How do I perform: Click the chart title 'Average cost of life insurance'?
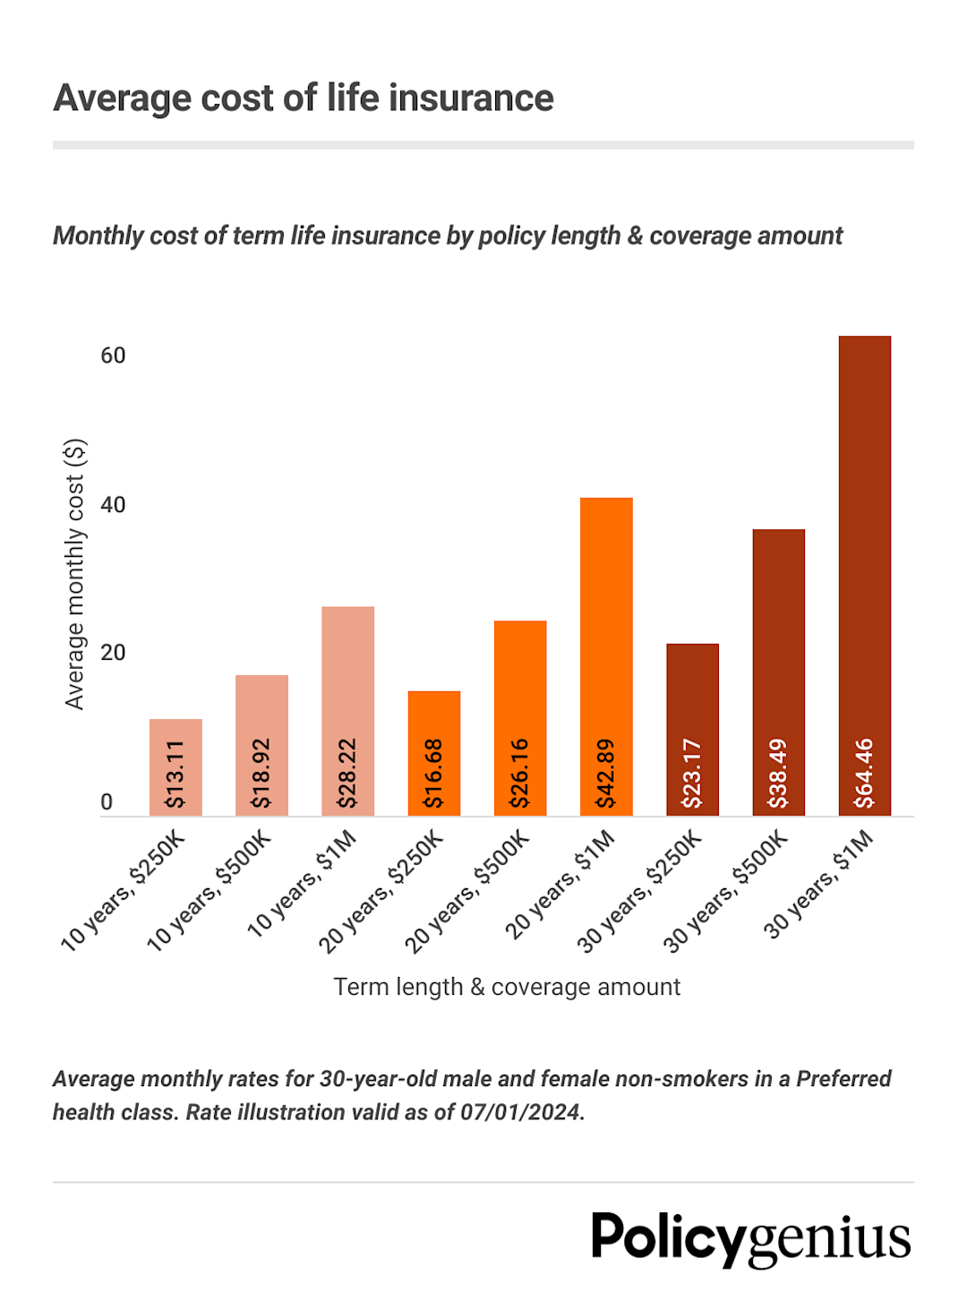pos(304,98)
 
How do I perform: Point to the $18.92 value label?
pos(261,774)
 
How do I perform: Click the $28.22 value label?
pos(347,774)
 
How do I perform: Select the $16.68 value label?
pos(433,774)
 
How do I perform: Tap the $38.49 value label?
pos(778,774)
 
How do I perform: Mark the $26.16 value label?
pos(519,774)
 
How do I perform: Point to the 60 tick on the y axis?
pos(113,355)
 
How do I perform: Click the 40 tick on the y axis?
pos(113,505)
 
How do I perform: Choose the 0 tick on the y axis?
pos(107,802)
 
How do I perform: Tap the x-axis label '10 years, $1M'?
pos(304,883)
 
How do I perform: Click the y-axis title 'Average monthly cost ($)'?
pos(75,574)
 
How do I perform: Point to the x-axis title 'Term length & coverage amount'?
pos(507,987)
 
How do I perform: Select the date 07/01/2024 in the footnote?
pos(520,1112)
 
